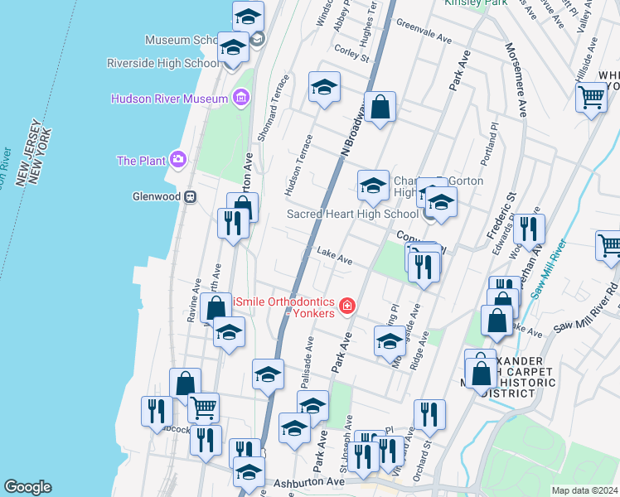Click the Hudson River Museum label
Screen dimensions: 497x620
pyautogui.click(x=169, y=99)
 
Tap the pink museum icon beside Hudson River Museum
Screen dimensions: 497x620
pyautogui.click(x=241, y=99)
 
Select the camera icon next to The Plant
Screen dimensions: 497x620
pyautogui.click(x=177, y=160)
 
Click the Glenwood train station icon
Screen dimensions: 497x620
pyautogui.click(x=191, y=197)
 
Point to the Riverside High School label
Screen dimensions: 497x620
pyautogui.click(x=163, y=63)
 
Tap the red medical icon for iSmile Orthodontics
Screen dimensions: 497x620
pyautogui.click(x=346, y=307)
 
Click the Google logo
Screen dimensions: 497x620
pyautogui.click(x=27, y=487)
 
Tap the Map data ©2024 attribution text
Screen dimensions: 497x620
pyautogui.click(x=584, y=490)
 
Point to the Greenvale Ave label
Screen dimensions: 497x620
pyautogui.click(x=424, y=32)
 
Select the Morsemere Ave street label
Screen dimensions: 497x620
pyautogui.click(x=515, y=79)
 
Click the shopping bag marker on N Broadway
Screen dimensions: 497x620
pyautogui.click(x=380, y=108)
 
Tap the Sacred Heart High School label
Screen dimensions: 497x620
pyautogui.click(x=352, y=214)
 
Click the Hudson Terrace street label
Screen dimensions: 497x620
pyautogui.click(x=298, y=166)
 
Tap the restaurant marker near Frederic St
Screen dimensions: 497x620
pyautogui.click(x=528, y=229)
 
